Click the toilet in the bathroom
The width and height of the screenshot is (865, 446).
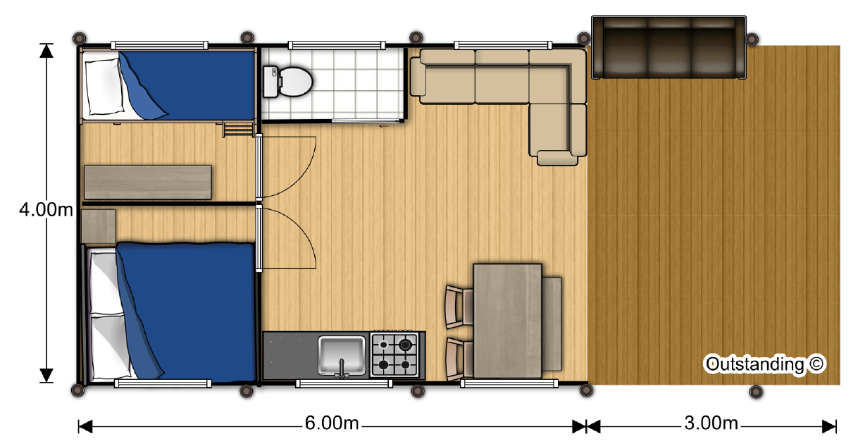click(x=287, y=82)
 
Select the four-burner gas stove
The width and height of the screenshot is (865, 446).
click(x=394, y=354)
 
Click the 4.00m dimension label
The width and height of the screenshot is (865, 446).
click(x=46, y=210)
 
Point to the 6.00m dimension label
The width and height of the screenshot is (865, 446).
click(x=332, y=423)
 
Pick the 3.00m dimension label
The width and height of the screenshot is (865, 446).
click(x=711, y=423)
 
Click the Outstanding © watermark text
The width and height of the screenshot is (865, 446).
click(x=764, y=364)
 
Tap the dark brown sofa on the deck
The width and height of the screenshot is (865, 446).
click(x=669, y=47)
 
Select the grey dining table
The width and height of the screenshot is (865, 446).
click(x=507, y=321)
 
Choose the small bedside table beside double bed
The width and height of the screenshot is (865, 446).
click(x=98, y=226)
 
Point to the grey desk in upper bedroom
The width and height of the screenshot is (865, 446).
click(x=148, y=182)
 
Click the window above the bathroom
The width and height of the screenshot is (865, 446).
click(x=337, y=46)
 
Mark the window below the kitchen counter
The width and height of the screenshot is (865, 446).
click(x=344, y=383)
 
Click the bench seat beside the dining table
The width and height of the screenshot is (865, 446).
click(x=552, y=323)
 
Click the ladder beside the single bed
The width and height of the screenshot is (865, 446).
click(x=238, y=130)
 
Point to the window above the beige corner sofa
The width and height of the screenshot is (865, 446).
click(x=503, y=46)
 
